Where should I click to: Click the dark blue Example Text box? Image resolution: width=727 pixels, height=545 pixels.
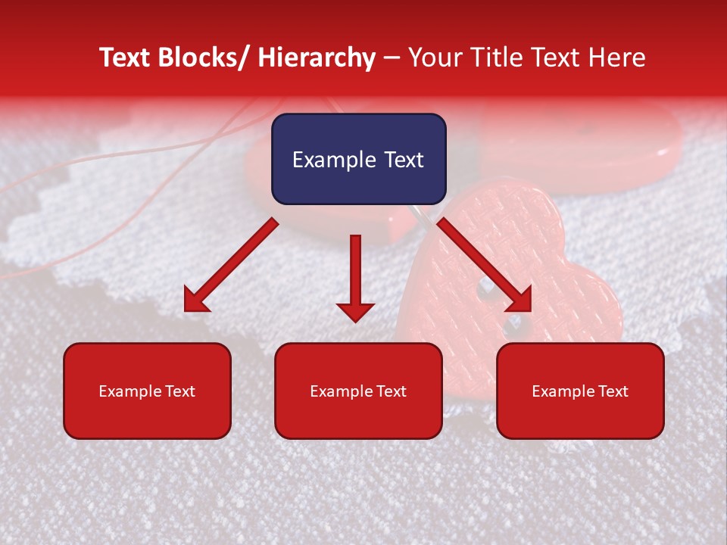[x=358, y=159]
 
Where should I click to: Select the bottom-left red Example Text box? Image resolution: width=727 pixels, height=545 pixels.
[x=147, y=391]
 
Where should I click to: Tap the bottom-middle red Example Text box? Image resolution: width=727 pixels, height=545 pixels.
[x=358, y=391]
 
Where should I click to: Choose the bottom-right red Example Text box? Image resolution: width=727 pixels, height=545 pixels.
[x=580, y=391]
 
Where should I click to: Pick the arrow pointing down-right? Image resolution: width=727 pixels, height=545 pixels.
[x=485, y=265]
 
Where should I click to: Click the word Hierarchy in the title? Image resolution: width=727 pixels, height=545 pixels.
[x=317, y=58]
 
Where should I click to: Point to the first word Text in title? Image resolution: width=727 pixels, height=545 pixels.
[x=124, y=58]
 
